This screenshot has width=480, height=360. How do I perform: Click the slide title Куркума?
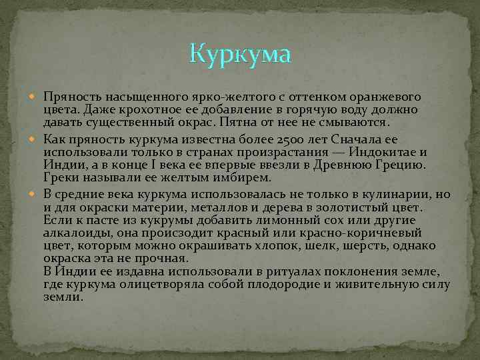pos(240,53)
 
